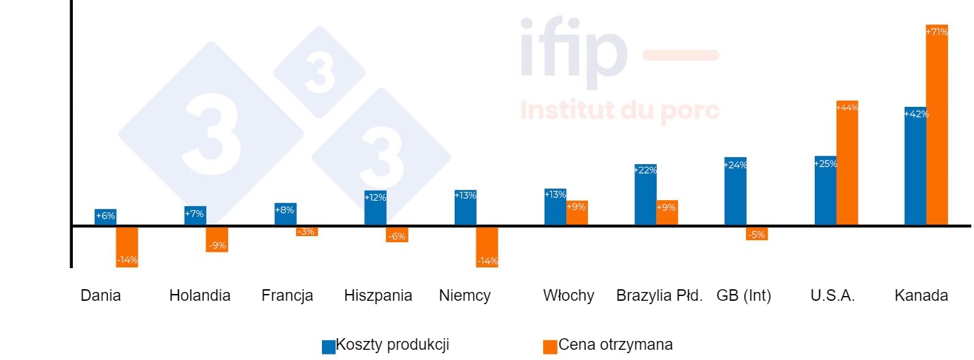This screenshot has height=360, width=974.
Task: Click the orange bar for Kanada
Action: (937, 129)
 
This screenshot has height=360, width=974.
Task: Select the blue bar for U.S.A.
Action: (825, 194)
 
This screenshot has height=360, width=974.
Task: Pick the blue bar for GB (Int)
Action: (735, 194)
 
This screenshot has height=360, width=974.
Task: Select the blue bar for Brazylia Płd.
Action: (645, 197)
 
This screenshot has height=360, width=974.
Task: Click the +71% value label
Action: (937, 31)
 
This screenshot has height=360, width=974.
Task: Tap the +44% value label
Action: (847, 108)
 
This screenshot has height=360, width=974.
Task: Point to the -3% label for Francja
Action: (306, 232)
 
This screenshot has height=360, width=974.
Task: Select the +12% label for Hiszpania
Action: (375, 197)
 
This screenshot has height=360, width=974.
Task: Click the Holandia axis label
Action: (199, 296)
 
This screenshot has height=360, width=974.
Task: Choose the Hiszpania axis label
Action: (378, 296)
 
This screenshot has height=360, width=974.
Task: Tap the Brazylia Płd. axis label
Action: (659, 296)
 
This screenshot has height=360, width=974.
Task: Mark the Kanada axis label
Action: (921, 296)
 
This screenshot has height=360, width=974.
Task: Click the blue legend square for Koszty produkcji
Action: (329, 346)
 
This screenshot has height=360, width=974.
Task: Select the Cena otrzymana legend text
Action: (615, 345)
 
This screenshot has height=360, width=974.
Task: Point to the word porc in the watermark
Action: (689, 110)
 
